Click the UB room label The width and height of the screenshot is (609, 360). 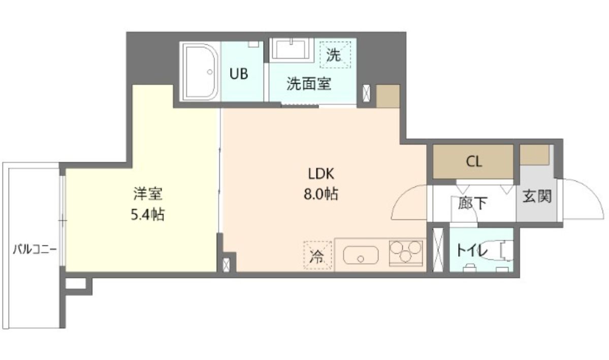point(239,74)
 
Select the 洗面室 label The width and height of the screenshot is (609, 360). point(309,84)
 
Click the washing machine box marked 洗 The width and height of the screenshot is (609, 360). point(334,54)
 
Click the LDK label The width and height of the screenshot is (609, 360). point(320,174)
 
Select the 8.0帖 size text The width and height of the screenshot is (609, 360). point(320,194)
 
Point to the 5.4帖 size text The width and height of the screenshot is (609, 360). point(147,214)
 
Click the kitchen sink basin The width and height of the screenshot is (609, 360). point(361,255)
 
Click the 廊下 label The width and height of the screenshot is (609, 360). point(472,203)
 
